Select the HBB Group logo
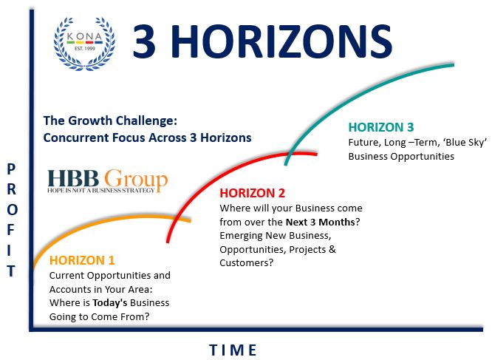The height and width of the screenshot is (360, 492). click(x=107, y=180)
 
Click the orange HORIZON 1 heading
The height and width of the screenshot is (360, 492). click(x=82, y=260)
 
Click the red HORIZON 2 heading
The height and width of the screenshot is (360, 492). click(x=252, y=193)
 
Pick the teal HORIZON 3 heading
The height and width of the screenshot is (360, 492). click(x=381, y=126)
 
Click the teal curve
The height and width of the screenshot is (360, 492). click(x=355, y=92)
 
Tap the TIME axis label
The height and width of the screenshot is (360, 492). click(x=233, y=349)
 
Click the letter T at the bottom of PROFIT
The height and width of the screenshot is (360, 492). click(x=11, y=271)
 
